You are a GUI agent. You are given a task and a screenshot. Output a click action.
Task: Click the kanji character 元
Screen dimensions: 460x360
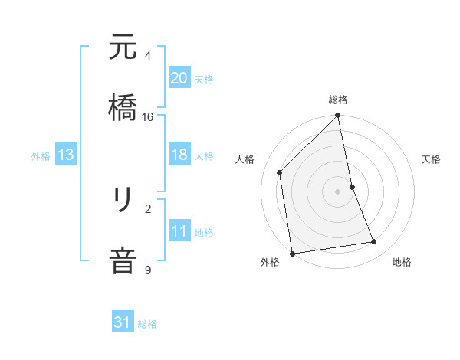(x=123, y=48)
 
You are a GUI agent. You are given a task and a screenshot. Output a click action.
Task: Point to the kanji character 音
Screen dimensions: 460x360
(x=123, y=257)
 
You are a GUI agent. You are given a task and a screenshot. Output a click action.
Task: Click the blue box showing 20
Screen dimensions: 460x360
(x=179, y=77)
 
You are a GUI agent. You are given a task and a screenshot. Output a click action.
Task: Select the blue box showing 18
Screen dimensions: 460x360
(x=179, y=155)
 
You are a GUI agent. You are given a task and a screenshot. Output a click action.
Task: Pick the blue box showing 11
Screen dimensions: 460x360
(x=179, y=231)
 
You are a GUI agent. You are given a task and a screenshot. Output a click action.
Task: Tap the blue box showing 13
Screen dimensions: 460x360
(x=66, y=155)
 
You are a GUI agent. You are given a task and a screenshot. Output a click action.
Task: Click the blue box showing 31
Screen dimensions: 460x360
(x=123, y=322)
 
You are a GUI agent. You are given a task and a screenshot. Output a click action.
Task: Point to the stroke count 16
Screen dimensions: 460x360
(x=148, y=117)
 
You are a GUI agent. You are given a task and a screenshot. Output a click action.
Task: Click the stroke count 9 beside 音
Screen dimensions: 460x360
(x=148, y=270)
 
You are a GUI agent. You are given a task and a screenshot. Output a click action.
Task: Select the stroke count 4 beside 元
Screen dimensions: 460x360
(x=148, y=56)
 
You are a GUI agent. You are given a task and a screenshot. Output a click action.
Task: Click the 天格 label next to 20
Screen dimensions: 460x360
(x=203, y=79)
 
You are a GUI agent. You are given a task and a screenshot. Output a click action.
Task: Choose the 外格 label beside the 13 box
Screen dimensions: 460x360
(x=41, y=155)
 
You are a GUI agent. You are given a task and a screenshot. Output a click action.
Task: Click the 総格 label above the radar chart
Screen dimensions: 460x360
(x=338, y=100)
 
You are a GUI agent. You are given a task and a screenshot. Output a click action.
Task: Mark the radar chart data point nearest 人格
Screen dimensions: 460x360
(x=280, y=172)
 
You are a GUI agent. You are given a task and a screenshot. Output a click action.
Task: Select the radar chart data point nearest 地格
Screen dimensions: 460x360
(x=374, y=242)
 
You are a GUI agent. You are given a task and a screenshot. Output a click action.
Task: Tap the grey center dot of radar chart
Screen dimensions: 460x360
(x=338, y=191)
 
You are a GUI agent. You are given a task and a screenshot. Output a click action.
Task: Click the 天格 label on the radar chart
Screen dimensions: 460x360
(x=432, y=159)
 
